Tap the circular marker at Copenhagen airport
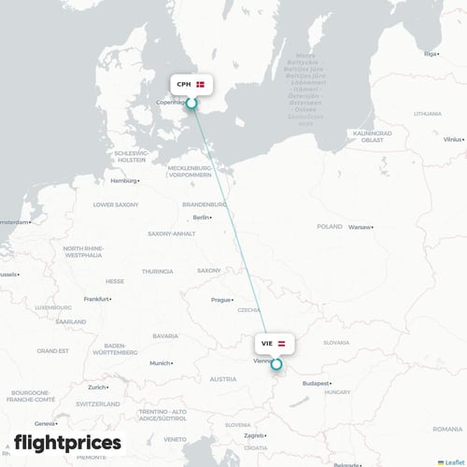pos(191,105)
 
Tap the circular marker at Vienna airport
pos(276,364)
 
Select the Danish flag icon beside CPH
pos(200,84)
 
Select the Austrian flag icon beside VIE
pos(282,343)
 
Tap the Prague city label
pos(220,300)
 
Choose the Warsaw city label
pos(360,227)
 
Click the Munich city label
pos(160,362)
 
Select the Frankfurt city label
pos(96,299)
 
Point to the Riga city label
pos(431,54)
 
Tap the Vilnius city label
pos(452,139)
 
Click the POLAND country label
pos(330,226)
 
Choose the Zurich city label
pos(97,387)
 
